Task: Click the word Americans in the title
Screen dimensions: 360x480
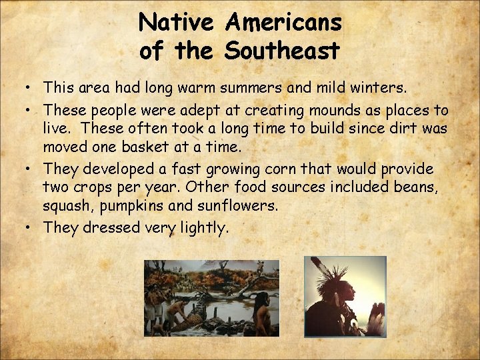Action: point(283,23)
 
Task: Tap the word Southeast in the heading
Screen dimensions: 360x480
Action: point(283,49)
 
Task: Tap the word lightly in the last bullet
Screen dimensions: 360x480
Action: point(204,228)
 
